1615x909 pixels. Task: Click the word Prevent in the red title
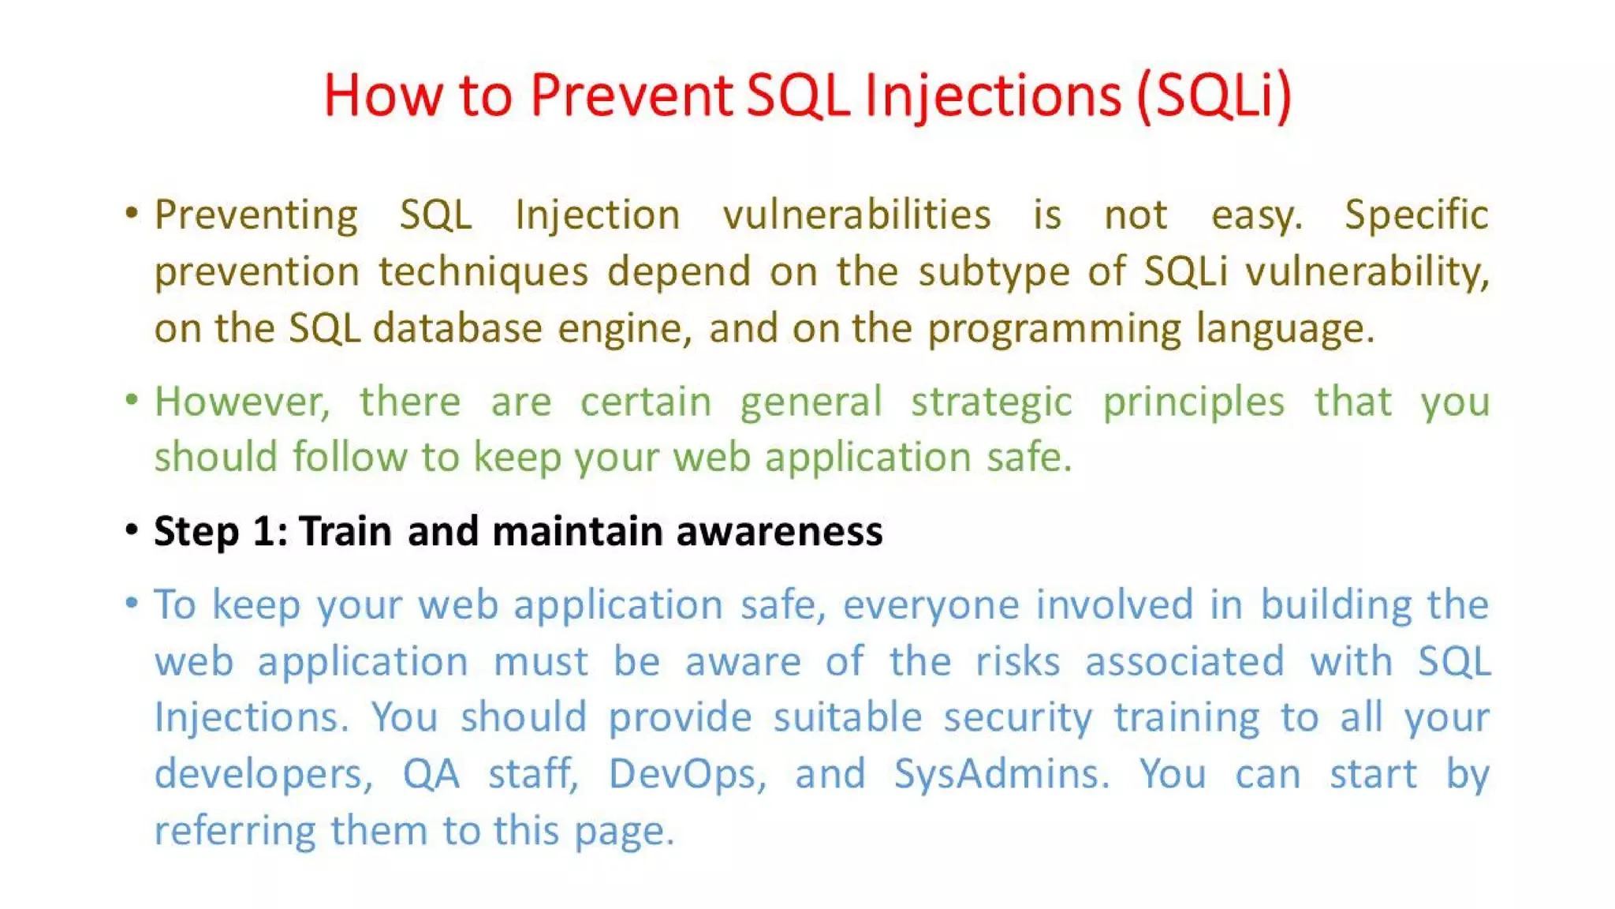coord(631,95)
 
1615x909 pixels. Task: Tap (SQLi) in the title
coord(1214,95)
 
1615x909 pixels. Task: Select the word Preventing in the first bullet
coord(255,215)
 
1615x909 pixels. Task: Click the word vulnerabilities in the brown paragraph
coord(856,215)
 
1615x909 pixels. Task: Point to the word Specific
coord(1415,215)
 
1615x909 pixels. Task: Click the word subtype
coord(994,271)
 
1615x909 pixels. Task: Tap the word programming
coord(1054,329)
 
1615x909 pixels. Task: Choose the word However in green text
coord(241,402)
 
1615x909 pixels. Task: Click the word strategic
coord(991,402)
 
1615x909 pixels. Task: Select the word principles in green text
coord(1193,402)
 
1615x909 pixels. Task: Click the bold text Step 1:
coord(221,531)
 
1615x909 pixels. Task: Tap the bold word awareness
coord(779,531)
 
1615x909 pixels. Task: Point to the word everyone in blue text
coord(931,605)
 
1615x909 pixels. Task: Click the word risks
coord(1017,661)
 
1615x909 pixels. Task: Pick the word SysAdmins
coord(1001,774)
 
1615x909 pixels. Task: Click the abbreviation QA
coord(431,774)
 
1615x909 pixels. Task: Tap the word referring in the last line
coord(234,831)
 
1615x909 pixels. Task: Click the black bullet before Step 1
coord(132,529)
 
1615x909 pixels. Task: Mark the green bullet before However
coord(132,400)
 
